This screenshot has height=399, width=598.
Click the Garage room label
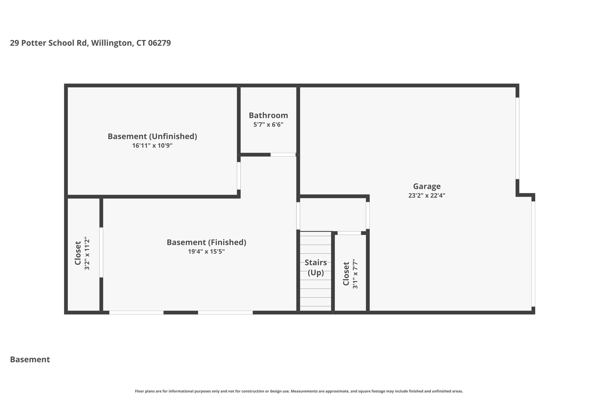click(427, 186)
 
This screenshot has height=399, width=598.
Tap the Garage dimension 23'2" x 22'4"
click(427, 196)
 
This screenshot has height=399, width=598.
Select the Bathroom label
click(268, 115)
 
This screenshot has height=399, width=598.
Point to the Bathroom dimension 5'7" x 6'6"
click(268, 125)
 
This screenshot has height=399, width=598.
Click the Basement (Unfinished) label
click(152, 137)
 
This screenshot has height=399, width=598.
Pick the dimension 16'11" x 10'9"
click(152, 146)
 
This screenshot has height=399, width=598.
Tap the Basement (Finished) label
click(206, 242)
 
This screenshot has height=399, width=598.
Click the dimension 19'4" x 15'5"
click(206, 252)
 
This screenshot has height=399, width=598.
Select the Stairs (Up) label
click(316, 267)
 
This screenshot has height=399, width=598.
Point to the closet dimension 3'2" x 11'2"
click(87, 253)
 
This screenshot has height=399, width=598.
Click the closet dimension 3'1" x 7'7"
click(355, 274)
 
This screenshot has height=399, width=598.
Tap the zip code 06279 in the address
click(159, 43)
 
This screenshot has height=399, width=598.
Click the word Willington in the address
click(112, 43)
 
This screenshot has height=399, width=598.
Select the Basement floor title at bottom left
click(30, 360)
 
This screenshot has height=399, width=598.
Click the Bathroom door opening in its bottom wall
click(283, 155)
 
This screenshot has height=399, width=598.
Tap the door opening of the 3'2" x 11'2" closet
click(101, 252)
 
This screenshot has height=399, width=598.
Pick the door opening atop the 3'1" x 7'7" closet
click(349, 233)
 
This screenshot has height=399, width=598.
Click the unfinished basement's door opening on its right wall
click(239, 176)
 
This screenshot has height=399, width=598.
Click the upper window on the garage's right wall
click(517, 138)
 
